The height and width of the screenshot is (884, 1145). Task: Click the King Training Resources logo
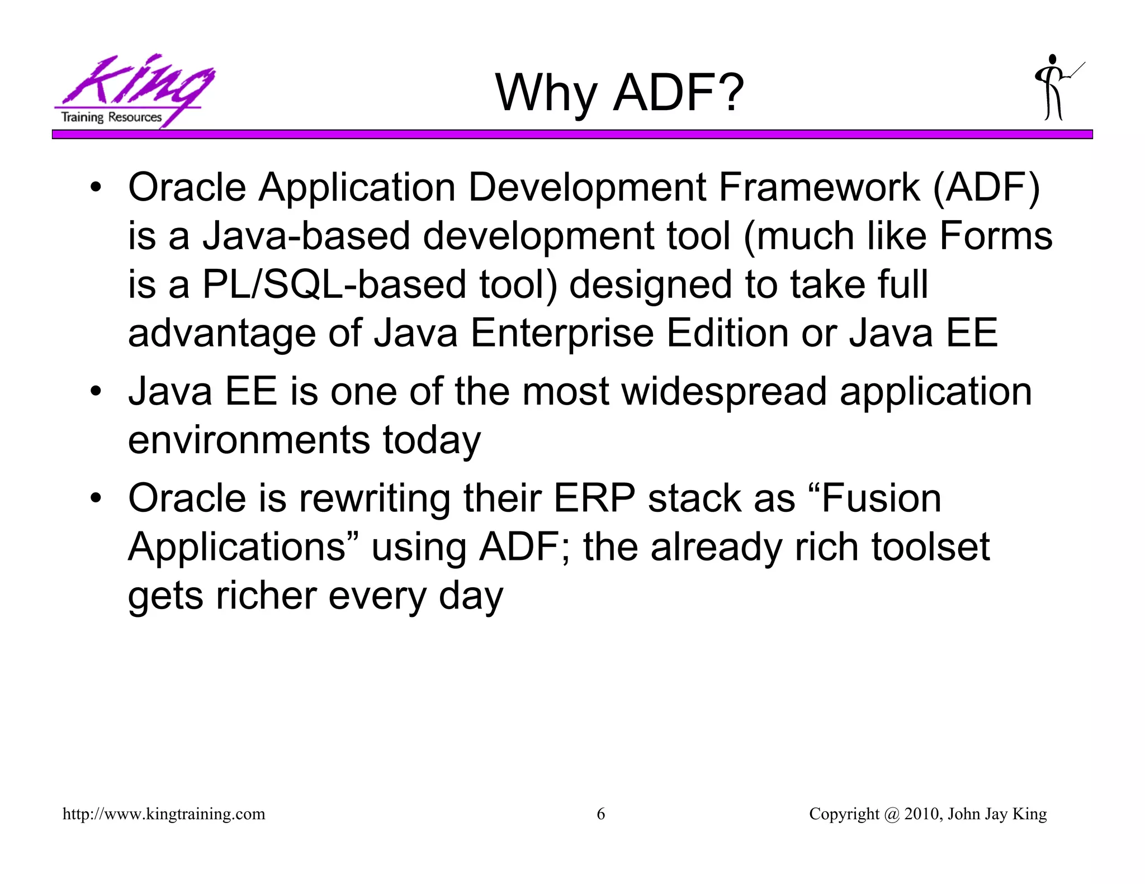coord(134,91)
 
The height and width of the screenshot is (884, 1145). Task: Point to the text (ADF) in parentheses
coord(986,188)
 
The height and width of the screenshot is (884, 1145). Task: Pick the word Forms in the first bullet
coord(996,235)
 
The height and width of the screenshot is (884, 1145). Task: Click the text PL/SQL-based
coord(334,284)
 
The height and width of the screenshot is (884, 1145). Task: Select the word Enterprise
coord(562,334)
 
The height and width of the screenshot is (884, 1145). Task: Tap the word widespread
coord(723,391)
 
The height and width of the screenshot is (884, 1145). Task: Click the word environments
coord(249,440)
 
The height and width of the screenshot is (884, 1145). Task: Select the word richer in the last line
coord(266,596)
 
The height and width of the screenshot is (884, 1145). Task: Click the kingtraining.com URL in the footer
coord(164,814)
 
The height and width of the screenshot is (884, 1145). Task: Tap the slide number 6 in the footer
coord(601,814)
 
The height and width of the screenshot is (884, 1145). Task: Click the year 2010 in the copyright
coord(921,814)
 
